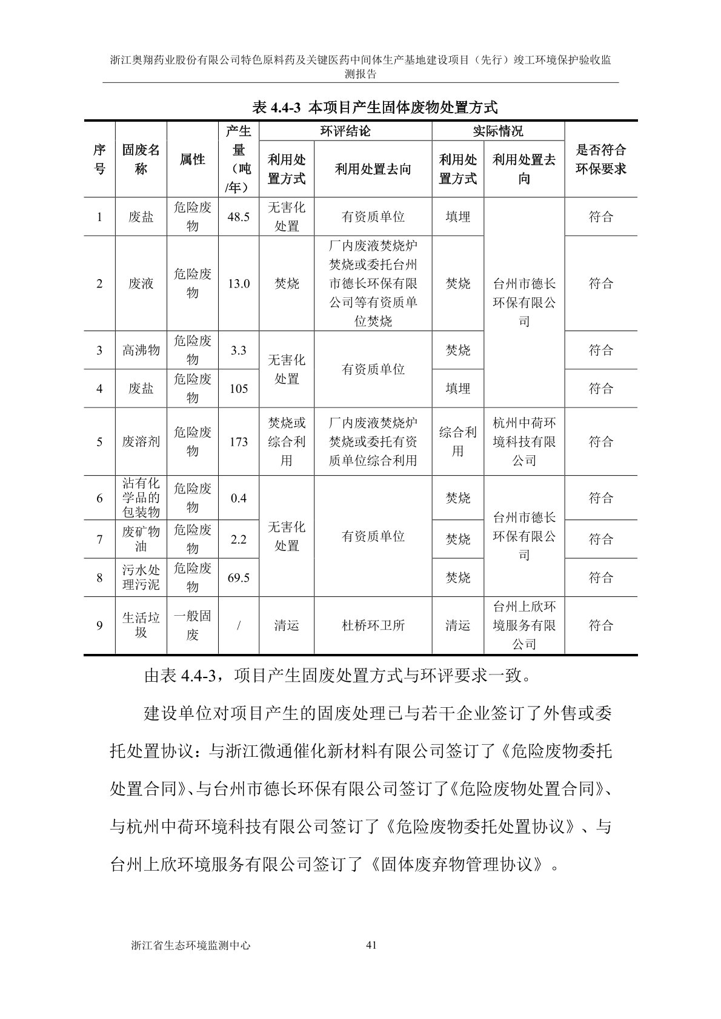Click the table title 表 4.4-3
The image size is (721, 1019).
point(374,108)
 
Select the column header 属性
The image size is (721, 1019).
point(192,159)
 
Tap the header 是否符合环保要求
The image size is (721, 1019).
point(600,159)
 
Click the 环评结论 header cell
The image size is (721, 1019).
point(345,131)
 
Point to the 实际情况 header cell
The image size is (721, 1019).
point(497,131)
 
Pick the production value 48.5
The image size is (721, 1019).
point(238,217)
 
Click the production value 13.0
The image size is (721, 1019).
point(238,283)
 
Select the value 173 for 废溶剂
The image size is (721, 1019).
point(238,441)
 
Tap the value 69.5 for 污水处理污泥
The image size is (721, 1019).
point(238,578)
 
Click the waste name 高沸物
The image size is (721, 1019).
point(141,350)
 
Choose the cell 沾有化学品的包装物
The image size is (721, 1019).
point(141,498)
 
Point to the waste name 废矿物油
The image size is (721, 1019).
point(141,539)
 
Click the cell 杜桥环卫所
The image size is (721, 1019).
point(373,625)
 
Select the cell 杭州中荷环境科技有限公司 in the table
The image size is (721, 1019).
point(524,441)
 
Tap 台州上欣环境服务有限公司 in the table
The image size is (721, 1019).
point(524,625)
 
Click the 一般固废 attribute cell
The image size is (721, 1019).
point(192,625)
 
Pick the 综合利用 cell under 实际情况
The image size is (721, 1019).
point(457,441)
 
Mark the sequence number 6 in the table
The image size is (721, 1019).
point(99,498)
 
